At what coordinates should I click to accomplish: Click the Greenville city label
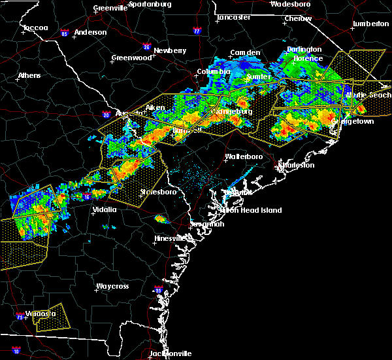tap(110, 8)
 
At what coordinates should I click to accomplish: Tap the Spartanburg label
tap(149, 4)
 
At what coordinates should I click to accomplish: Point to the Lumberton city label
tap(370, 24)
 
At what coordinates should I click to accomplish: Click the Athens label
tap(29, 75)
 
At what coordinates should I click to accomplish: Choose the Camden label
tap(245, 52)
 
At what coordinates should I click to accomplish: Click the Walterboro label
tap(244, 156)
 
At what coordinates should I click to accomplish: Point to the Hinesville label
tap(170, 238)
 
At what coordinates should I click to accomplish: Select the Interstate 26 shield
tap(147, 47)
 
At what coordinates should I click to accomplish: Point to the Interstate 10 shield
tap(16, 351)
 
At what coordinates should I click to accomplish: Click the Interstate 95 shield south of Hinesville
tap(157, 289)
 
